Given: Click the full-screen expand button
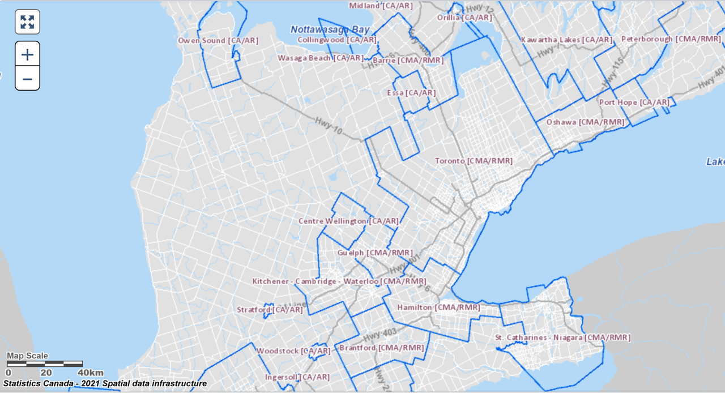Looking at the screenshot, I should (27, 22).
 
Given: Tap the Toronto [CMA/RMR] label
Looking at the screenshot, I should (474, 161).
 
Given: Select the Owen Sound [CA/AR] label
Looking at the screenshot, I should (210, 41).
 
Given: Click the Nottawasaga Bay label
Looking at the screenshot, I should (330, 29).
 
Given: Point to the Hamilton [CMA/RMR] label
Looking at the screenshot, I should (438, 307).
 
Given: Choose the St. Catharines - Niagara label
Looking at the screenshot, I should (562, 338).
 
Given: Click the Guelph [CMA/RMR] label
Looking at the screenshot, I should (375, 253).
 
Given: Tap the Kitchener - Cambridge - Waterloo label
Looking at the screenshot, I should (339, 281).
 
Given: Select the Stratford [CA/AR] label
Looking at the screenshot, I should (270, 310).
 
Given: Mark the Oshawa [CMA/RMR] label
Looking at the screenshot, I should (585, 122).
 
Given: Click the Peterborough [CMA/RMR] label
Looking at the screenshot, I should (671, 39).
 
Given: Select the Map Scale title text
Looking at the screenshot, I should (27, 356).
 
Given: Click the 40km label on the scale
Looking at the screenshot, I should (91, 373).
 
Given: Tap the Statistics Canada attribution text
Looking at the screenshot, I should (105, 384).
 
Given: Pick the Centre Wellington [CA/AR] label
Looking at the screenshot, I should (348, 221).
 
